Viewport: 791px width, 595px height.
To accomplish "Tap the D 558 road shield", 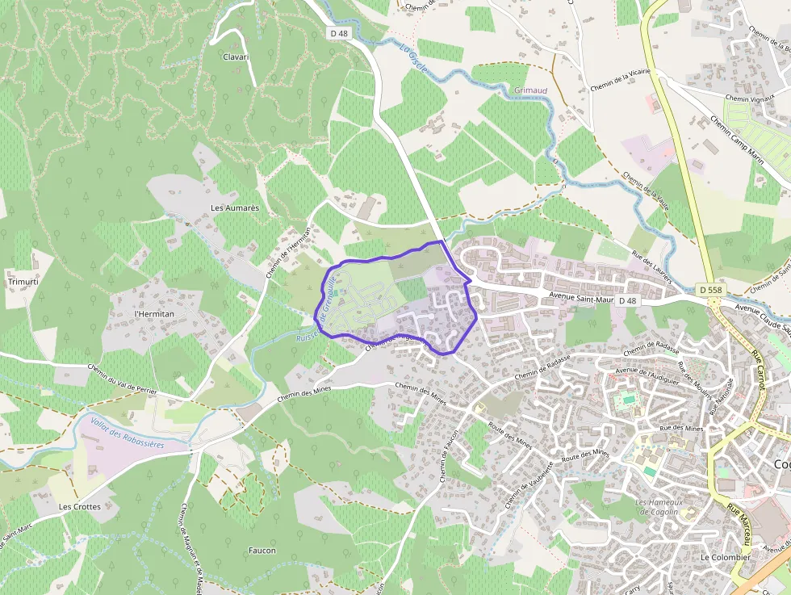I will pyautogui.click(x=710, y=289).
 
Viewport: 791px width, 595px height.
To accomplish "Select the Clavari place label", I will pyautogui.click(x=236, y=57).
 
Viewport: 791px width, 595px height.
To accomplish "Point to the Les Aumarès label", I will pyautogui.click(x=235, y=207).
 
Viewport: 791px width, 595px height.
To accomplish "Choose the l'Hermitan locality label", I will pyautogui.click(x=154, y=313).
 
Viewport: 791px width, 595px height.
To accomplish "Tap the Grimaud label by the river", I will pyautogui.click(x=530, y=91).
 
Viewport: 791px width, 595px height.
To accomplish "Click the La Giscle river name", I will pyautogui.click(x=413, y=59).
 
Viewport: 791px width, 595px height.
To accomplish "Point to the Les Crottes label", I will pyautogui.click(x=80, y=507).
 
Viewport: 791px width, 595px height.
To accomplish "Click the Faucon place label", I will pyautogui.click(x=262, y=551).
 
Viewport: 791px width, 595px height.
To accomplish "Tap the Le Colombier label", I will pyautogui.click(x=725, y=557).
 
